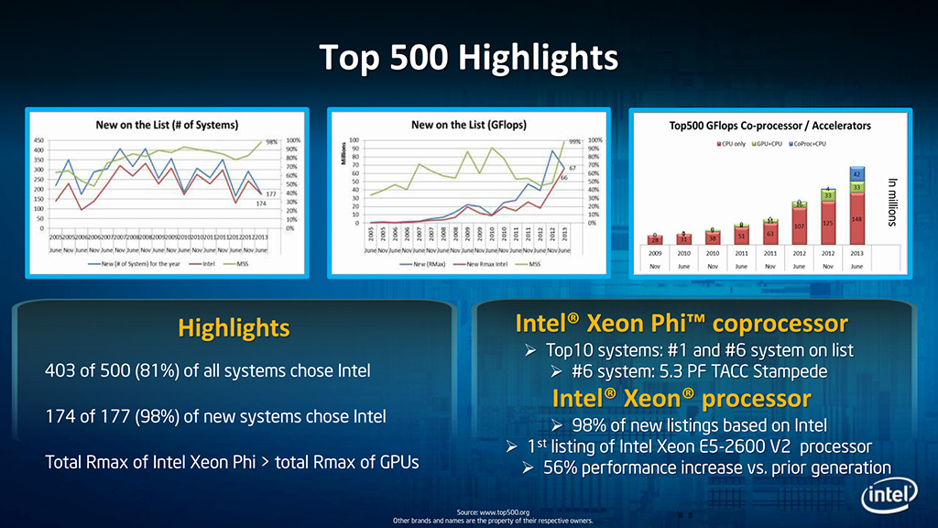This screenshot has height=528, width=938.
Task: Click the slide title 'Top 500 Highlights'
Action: click(468, 57)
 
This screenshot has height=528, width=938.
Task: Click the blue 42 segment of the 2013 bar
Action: click(856, 174)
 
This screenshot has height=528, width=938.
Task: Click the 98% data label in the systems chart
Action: click(273, 141)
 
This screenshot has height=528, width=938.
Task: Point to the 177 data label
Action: click(271, 194)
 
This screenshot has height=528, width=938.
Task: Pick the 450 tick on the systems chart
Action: click(40, 141)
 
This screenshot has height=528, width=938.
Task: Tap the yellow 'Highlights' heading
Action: click(234, 327)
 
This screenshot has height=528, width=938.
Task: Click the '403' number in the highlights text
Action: click(60, 371)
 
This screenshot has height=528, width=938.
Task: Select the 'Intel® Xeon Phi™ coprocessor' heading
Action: click(681, 324)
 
